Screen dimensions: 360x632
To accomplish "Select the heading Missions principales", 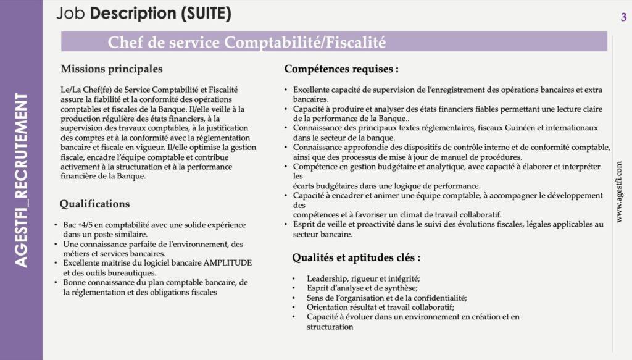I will [112, 69].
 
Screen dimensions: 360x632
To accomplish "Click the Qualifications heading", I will [94, 204].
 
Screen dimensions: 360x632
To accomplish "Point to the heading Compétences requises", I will [341, 69].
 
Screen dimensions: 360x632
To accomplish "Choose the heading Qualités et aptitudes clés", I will [356, 257].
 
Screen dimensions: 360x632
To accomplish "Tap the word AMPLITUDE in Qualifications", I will [226, 262].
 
